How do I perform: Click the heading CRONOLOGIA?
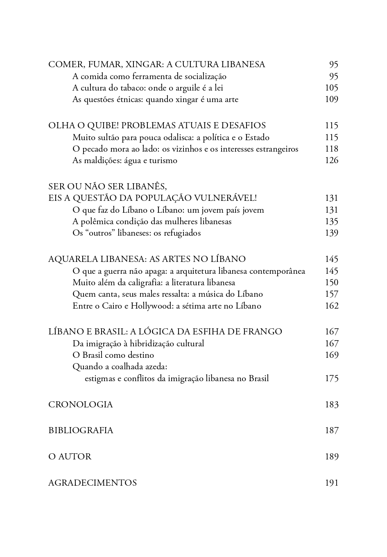coord(80,405)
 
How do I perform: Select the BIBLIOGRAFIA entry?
coord(81,430)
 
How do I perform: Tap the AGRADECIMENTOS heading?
coord(93,483)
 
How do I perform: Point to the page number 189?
coord(331,457)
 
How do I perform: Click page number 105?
coord(331,88)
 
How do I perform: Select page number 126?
coord(331,161)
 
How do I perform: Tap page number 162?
coord(331,306)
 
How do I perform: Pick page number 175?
coord(331,379)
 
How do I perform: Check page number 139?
coord(331,233)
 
